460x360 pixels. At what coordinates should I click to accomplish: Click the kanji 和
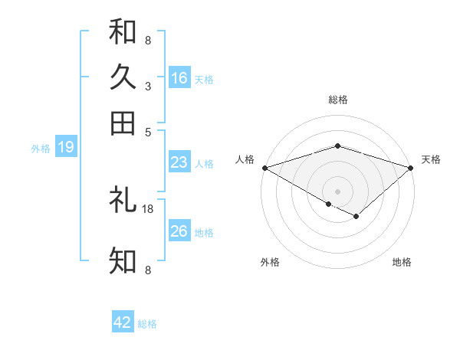(123, 32)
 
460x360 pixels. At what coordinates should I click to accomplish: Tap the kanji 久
(123, 77)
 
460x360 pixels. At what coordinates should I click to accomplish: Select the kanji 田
(123, 123)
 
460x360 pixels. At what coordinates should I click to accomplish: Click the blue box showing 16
(179, 78)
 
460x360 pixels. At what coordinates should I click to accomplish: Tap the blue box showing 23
(179, 162)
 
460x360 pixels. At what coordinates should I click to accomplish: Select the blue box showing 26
(179, 231)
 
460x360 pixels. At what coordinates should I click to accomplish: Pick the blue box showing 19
(66, 147)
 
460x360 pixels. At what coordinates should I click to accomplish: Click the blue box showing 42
(123, 322)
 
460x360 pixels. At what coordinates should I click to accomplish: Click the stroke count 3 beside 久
(147, 87)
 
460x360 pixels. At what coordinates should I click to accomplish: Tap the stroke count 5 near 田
(147, 131)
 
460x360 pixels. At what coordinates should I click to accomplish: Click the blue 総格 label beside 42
(147, 324)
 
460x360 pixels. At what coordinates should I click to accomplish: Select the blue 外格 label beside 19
(41, 149)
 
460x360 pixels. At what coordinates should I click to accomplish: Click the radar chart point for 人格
(264, 168)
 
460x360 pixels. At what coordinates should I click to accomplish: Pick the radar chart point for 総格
(337, 146)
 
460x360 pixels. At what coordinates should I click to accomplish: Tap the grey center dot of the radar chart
(337, 191)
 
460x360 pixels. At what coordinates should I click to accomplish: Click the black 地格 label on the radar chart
(402, 262)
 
